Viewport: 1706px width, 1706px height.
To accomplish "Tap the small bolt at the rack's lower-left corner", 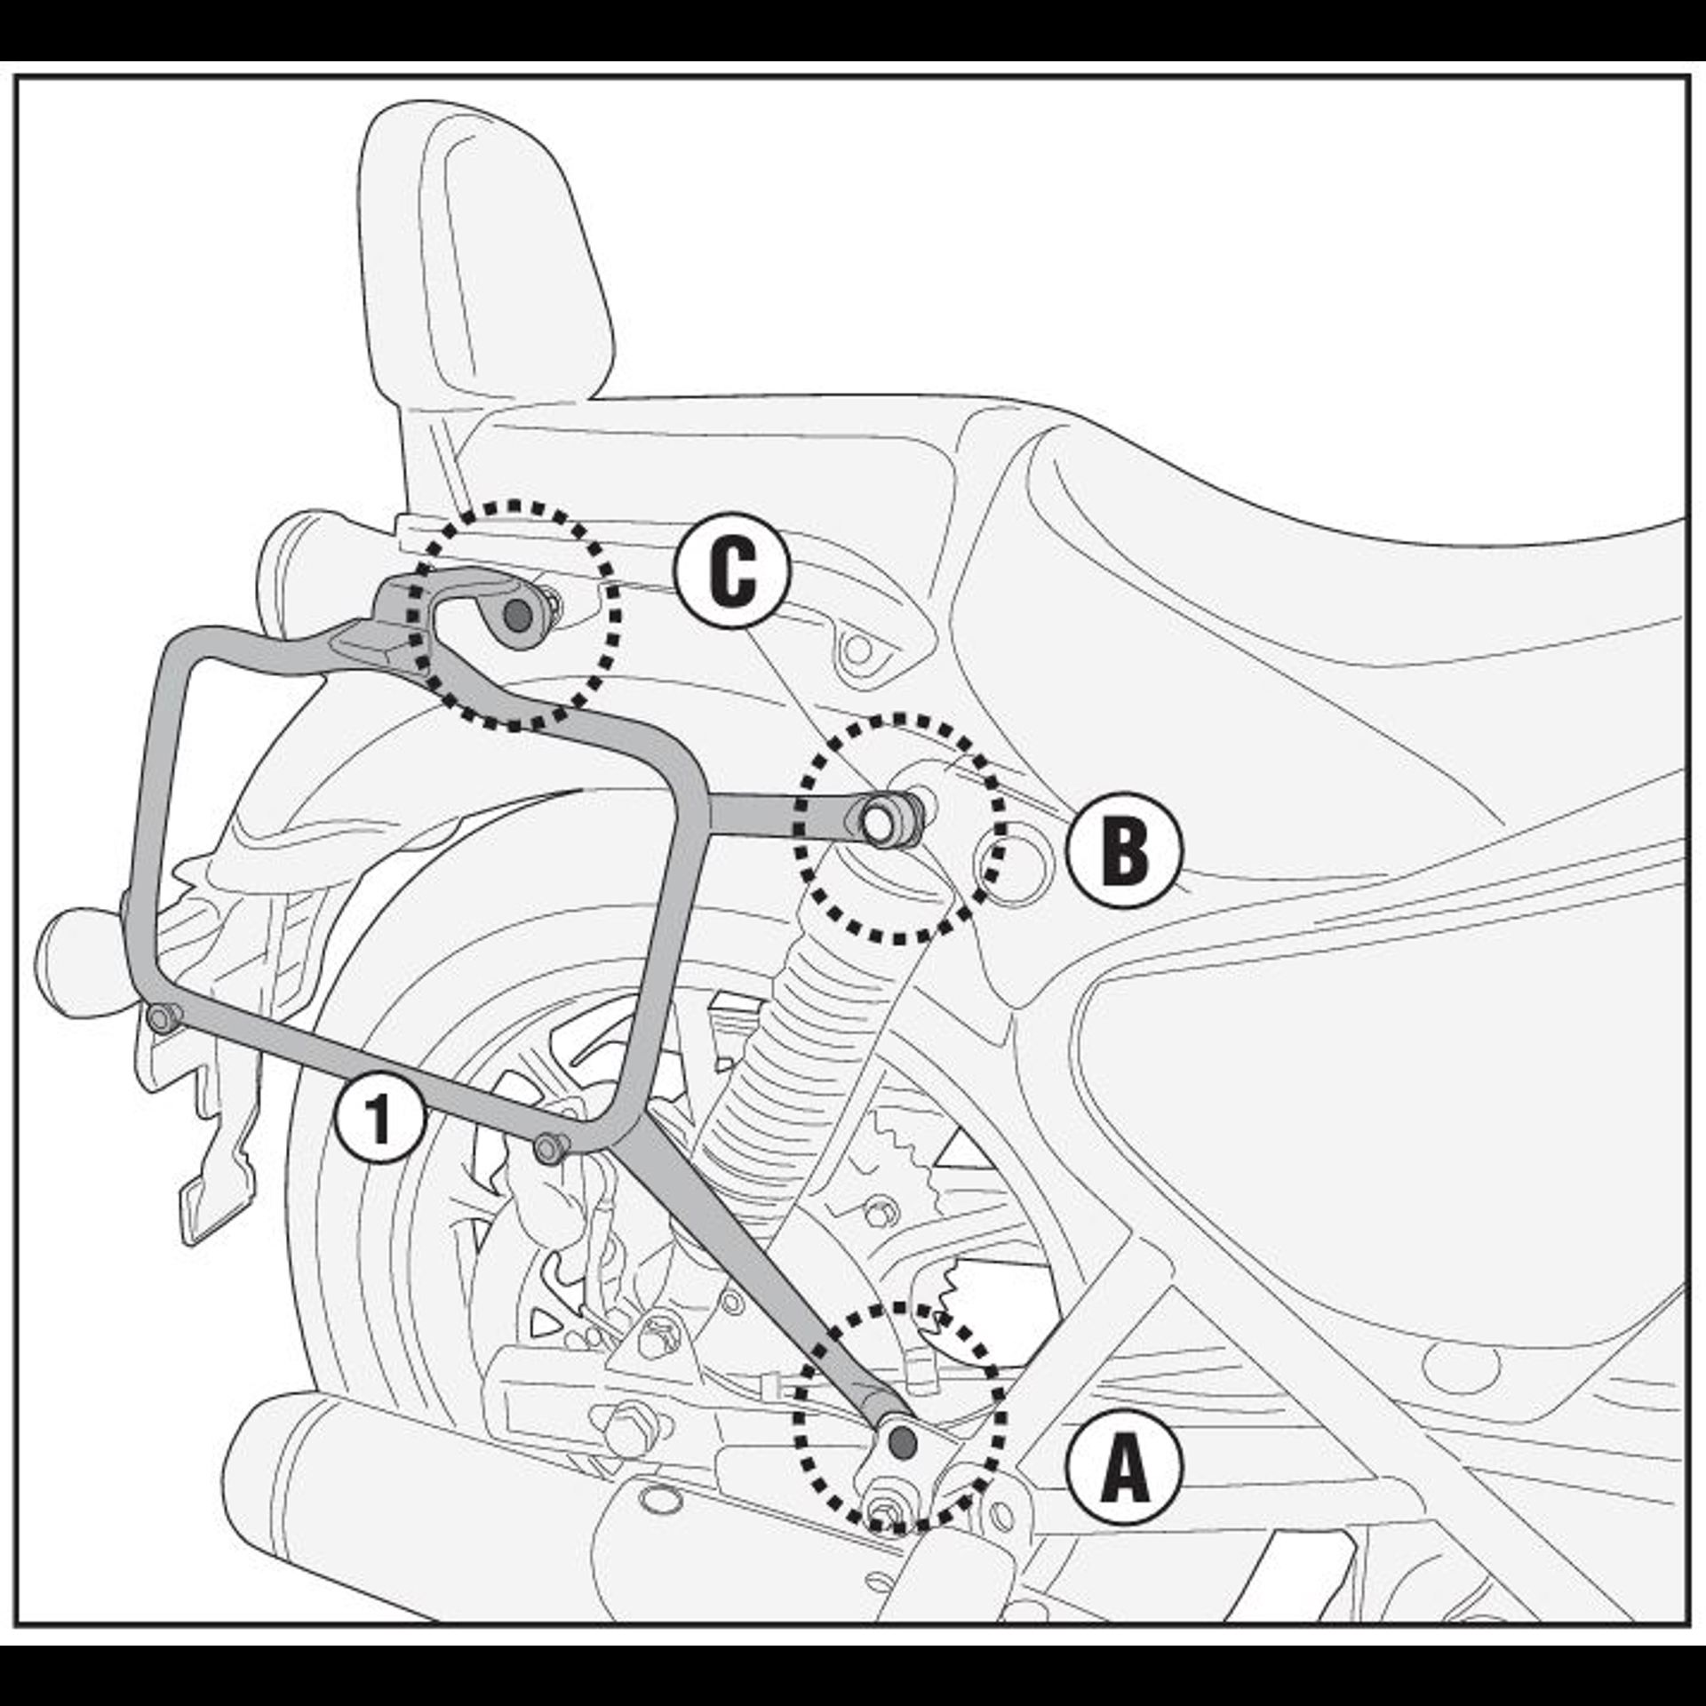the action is click(x=163, y=1017).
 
